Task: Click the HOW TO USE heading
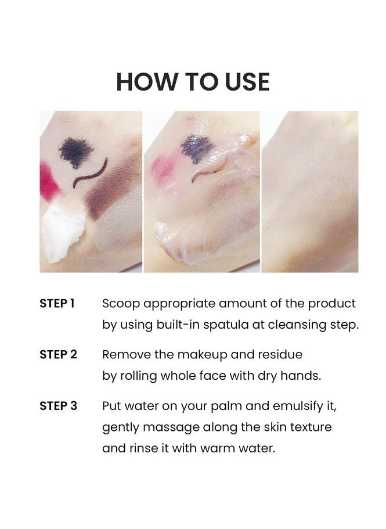click(x=193, y=82)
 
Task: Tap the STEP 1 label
click(x=57, y=303)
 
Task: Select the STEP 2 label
click(x=58, y=354)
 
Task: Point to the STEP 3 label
click(x=58, y=405)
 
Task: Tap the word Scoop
click(x=121, y=304)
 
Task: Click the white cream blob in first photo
click(x=64, y=229)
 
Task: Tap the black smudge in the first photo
click(x=76, y=152)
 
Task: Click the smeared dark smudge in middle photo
click(x=197, y=149)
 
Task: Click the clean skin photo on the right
click(x=310, y=192)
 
